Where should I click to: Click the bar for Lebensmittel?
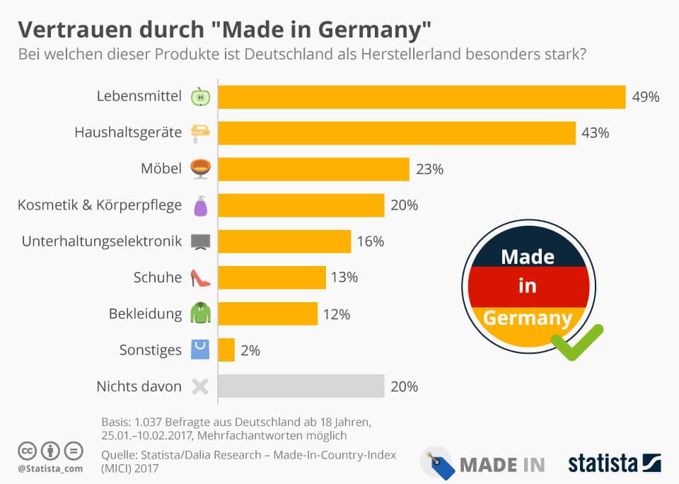tap(422, 97)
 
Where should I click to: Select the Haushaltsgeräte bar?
tap(396, 133)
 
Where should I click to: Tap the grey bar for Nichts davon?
tap(301, 386)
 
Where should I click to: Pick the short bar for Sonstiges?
tap(226, 350)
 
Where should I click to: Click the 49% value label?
tap(646, 97)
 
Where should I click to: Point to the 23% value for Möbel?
tap(429, 169)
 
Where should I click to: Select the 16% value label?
tap(371, 241)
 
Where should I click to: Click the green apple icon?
tap(200, 97)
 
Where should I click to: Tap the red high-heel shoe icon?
tap(200, 278)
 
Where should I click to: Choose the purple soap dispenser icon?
tap(200, 205)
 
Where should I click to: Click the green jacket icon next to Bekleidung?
tap(200, 313)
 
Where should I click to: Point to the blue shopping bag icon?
tap(200, 350)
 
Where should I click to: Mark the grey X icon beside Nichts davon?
tap(200, 386)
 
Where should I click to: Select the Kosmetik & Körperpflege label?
tap(100, 205)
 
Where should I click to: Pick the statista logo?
tap(614, 463)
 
